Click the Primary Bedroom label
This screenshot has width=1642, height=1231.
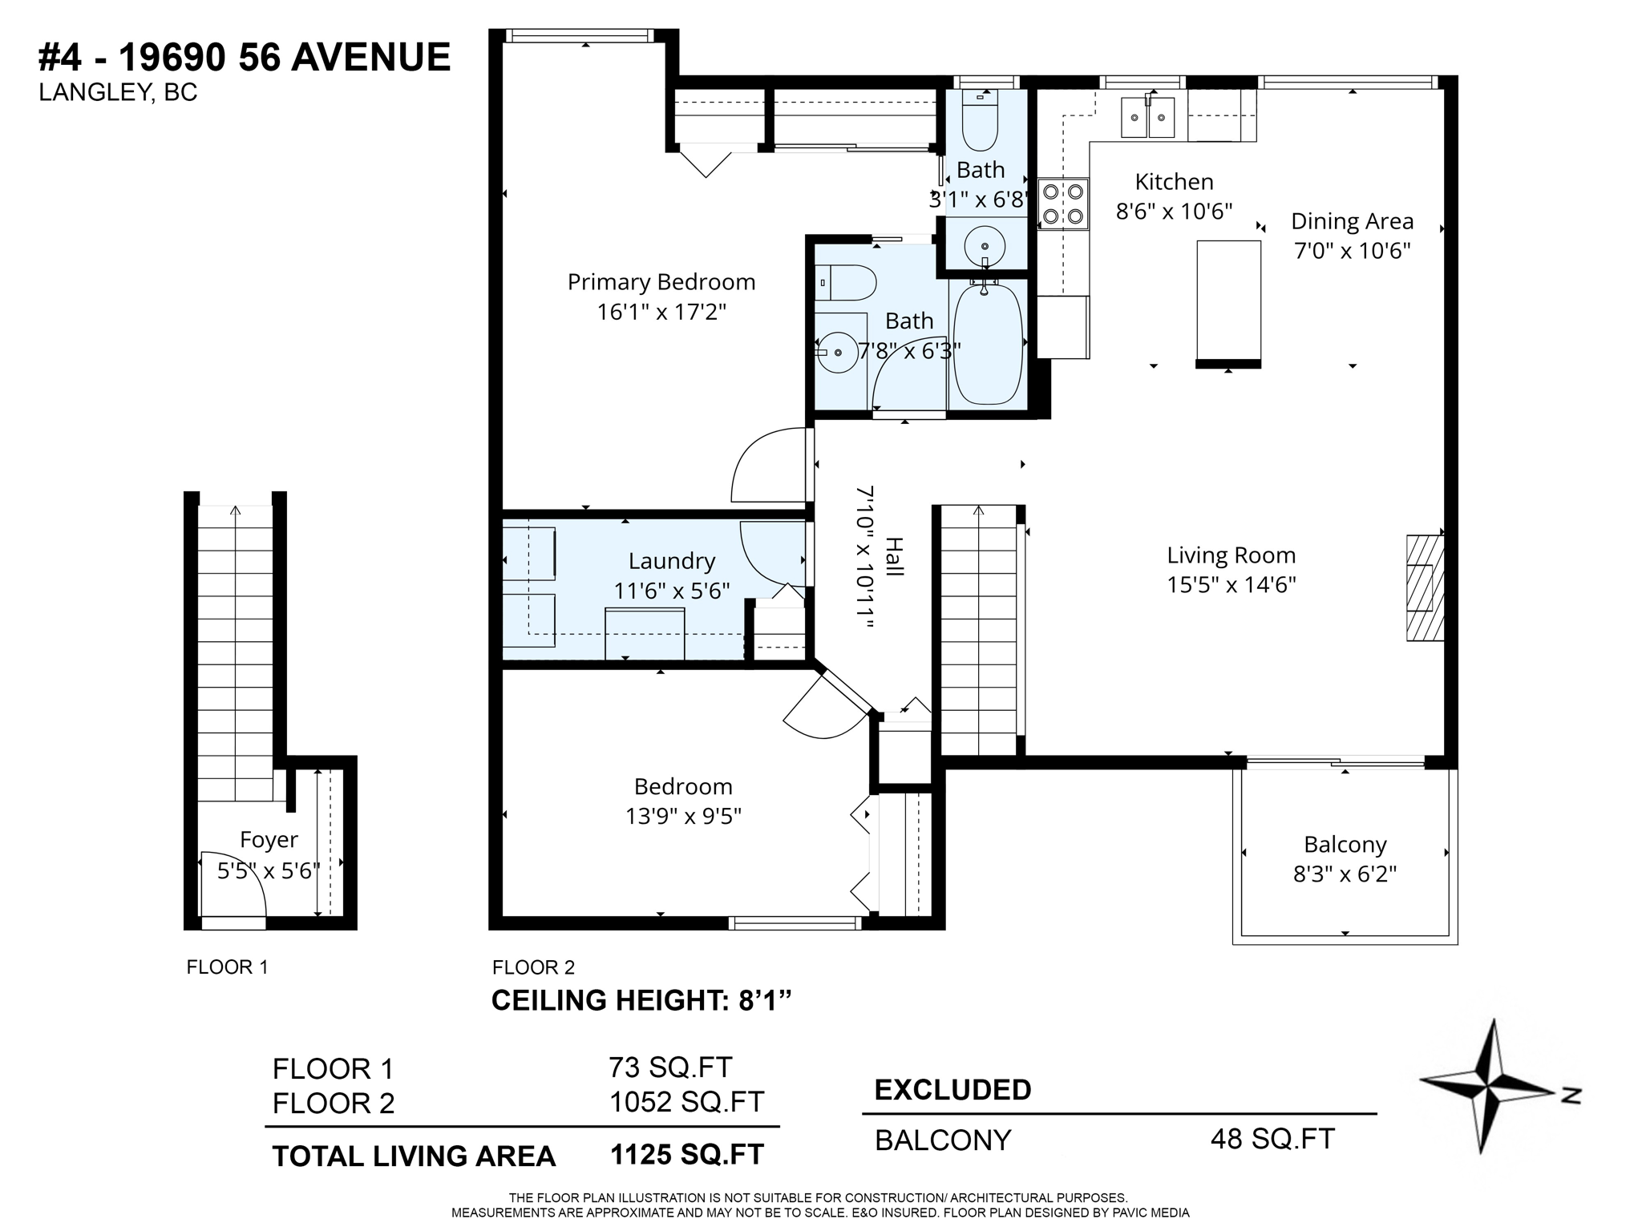(661, 282)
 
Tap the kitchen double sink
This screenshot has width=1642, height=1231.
(1147, 118)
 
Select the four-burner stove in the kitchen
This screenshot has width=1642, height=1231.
(1063, 204)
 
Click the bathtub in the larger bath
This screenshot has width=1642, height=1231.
(987, 345)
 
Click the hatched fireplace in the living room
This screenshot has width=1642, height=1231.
(1424, 587)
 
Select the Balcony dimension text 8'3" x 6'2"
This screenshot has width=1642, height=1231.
(1345, 874)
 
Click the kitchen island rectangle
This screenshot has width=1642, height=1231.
(1228, 301)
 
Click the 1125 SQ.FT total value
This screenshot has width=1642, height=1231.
(687, 1154)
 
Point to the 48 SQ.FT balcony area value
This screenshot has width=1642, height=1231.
(1272, 1139)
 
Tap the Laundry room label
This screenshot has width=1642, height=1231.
(671, 561)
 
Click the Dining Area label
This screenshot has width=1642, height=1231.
(1352, 221)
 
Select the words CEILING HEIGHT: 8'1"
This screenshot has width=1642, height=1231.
(641, 1000)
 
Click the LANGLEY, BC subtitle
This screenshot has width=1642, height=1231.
(118, 93)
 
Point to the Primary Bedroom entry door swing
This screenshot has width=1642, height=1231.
(766, 469)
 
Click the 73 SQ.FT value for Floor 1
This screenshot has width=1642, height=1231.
(669, 1068)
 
